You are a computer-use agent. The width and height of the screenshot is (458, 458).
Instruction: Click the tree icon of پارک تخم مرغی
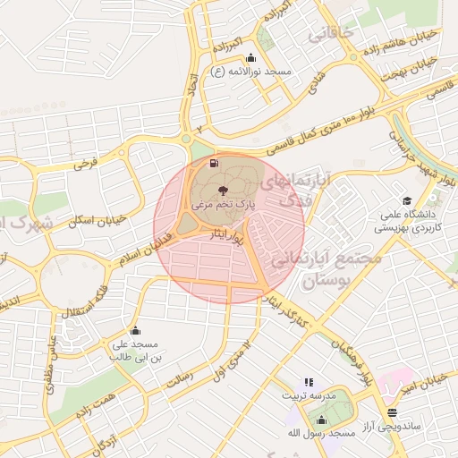(x=222, y=190)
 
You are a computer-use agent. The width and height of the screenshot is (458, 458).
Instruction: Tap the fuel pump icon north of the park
(x=213, y=163)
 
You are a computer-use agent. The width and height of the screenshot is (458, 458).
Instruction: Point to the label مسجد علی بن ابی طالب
(x=133, y=350)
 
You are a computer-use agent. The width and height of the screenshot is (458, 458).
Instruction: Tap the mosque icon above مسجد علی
(x=135, y=330)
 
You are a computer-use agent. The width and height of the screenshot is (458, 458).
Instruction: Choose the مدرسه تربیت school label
(x=309, y=394)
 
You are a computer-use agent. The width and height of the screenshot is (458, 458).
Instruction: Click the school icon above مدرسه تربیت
(x=309, y=381)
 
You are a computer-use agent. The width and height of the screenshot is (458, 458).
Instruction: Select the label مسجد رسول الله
(x=326, y=432)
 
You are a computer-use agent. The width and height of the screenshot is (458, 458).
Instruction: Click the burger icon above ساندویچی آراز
(x=392, y=411)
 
